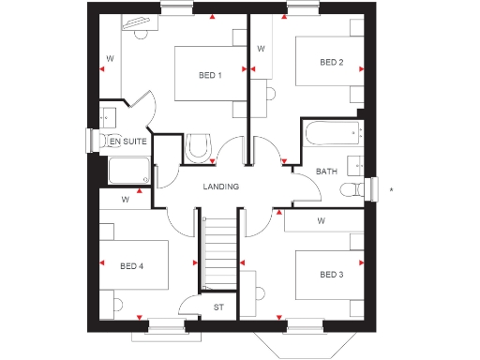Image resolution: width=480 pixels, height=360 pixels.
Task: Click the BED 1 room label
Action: (210, 76)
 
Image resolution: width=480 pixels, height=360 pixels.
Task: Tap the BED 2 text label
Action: (331, 63)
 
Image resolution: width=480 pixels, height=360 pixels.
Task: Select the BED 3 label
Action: (331, 275)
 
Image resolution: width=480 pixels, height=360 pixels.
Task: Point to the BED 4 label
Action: (132, 266)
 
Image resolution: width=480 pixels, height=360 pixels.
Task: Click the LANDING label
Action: (221, 187)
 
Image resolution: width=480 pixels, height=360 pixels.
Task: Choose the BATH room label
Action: (326, 172)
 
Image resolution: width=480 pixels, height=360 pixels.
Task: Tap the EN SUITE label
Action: (128, 142)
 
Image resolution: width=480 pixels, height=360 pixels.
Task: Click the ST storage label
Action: (219, 307)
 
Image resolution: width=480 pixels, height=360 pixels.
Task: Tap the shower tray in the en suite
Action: (128, 171)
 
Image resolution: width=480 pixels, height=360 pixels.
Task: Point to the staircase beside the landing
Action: (217, 251)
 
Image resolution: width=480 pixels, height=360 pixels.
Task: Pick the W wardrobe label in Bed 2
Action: (261, 48)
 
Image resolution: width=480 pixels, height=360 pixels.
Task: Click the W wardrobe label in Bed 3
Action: (321, 221)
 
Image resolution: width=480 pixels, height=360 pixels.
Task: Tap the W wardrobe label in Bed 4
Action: (126, 200)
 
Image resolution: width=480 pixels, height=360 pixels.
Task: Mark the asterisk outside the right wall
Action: (392, 191)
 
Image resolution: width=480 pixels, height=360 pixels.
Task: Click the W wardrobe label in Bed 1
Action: (111, 59)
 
